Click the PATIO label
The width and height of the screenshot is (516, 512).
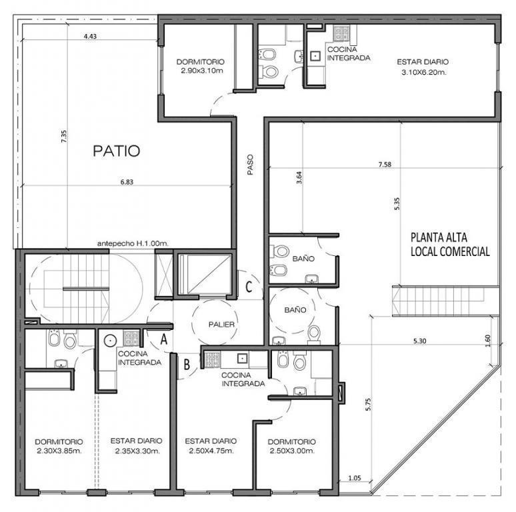[x=117, y=151]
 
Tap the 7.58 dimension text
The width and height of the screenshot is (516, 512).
[x=385, y=164]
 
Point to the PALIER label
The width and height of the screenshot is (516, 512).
[x=221, y=325]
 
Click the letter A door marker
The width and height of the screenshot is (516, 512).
[x=163, y=339]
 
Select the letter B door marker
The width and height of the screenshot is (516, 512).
[x=187, y=364]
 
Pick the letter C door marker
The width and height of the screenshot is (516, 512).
[x=249, y=287]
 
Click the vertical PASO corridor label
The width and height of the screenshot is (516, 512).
[x=251, y=165]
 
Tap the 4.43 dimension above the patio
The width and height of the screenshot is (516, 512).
[x=90, y=36]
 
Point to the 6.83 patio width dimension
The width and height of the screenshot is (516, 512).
[x=127, y=182]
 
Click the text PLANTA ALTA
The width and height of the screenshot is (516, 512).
[x=439, y=237]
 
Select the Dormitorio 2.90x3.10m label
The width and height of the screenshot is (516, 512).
[x=200, y=66]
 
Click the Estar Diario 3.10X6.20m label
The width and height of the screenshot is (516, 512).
[x=423, y=67]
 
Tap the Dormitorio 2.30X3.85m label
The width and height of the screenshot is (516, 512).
[x=59, y=446]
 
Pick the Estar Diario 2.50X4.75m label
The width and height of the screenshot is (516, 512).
[x=211, y=445]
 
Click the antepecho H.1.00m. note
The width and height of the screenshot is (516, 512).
[x=133, y=243]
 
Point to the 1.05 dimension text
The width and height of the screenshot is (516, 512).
[x=355, y=478]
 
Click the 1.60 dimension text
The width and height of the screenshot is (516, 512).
[x=488, y=341]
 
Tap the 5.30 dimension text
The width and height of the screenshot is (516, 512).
[x=419, y=341]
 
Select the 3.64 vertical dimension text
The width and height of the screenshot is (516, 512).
[x=299, y=178]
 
